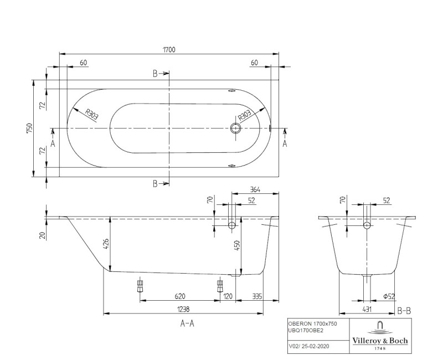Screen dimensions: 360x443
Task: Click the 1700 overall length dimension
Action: click(169, 50)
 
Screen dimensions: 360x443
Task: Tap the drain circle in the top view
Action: click(236, 128)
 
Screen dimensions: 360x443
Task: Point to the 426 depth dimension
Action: click(106, 243)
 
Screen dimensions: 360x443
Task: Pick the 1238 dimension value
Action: click(183, 308)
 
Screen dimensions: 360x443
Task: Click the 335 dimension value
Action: click(257, 296)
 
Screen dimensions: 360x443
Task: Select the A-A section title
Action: click(187, 325)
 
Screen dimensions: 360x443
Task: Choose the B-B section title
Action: click(404, 311)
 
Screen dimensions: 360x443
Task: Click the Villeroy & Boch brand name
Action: click(380, 341)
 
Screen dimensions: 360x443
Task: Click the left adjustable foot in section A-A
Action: click(139, 287)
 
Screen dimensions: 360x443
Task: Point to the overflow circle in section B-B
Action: click(367, 225)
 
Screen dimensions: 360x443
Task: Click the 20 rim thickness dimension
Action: click(42, 235)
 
